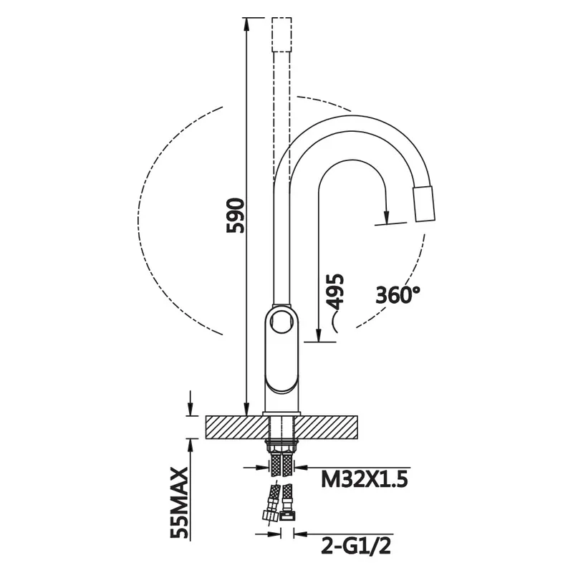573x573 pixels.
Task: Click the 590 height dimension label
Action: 235,216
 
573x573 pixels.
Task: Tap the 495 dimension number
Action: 334,292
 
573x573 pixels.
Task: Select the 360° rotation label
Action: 398,294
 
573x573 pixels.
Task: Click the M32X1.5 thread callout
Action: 364,478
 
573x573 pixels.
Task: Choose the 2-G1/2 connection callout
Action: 356,546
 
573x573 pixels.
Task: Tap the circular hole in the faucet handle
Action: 281,321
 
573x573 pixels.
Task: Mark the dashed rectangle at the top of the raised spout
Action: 281,34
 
